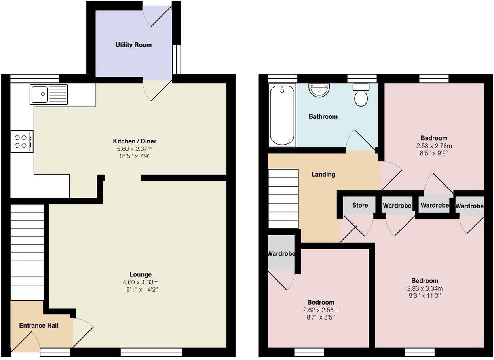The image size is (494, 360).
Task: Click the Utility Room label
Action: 133,45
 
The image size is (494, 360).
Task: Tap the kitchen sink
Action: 48,95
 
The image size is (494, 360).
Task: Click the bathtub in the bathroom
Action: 282,115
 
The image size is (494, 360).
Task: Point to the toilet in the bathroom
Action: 361,95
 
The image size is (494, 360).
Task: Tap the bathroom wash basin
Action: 319,90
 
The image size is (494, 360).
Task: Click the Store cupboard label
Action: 360,205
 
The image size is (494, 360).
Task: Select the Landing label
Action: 323,174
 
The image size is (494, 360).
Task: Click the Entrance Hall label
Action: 39,326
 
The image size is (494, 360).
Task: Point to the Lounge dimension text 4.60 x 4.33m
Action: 141,282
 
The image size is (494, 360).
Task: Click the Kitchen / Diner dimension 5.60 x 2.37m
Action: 135,149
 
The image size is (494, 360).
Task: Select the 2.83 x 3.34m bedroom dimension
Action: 425,288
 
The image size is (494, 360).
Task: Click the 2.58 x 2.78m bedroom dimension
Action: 434,146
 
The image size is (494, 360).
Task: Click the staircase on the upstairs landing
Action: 283,198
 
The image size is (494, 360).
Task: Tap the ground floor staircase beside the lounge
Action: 27,252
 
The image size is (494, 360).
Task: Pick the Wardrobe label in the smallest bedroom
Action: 281,253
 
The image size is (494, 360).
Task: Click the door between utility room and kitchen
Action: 157,90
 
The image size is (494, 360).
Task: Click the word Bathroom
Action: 323,116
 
